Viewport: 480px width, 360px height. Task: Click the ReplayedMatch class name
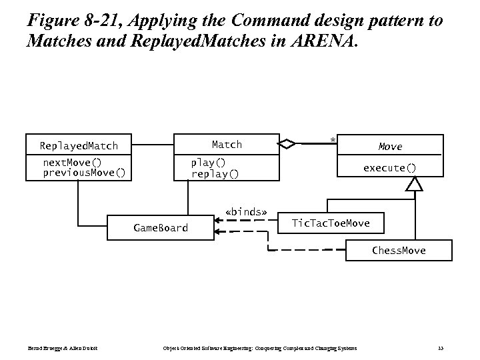coord(79,145)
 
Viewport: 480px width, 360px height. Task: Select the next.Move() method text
coord(72,163)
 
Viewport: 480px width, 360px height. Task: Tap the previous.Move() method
coord(83,173)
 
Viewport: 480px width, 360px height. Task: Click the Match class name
coord(227,144)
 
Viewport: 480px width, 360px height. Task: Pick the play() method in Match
coord(208,163)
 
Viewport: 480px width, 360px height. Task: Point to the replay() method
coord(215,173)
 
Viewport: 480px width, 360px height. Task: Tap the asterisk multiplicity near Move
coord(331,139)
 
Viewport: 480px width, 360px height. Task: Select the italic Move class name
coord(390,146)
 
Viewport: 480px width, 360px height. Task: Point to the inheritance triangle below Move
coord(415,184)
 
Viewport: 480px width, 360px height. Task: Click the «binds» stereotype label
coord(246,213)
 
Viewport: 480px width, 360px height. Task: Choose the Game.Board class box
coord(161,228)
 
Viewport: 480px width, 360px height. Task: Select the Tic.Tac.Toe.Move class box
coord(331,223)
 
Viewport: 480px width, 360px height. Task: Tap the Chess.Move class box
coord(399,251)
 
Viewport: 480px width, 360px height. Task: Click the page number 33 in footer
coord(441,348)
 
